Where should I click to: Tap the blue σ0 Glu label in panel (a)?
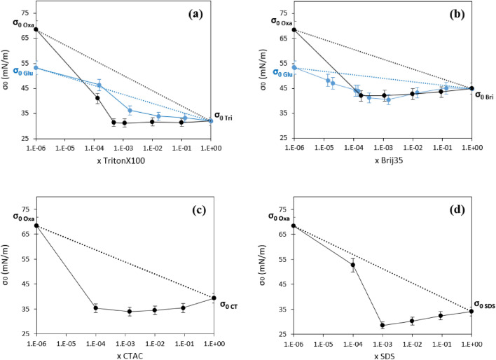click(x=24, y=71)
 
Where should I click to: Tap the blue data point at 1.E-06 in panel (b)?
click(x=294, y=67)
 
